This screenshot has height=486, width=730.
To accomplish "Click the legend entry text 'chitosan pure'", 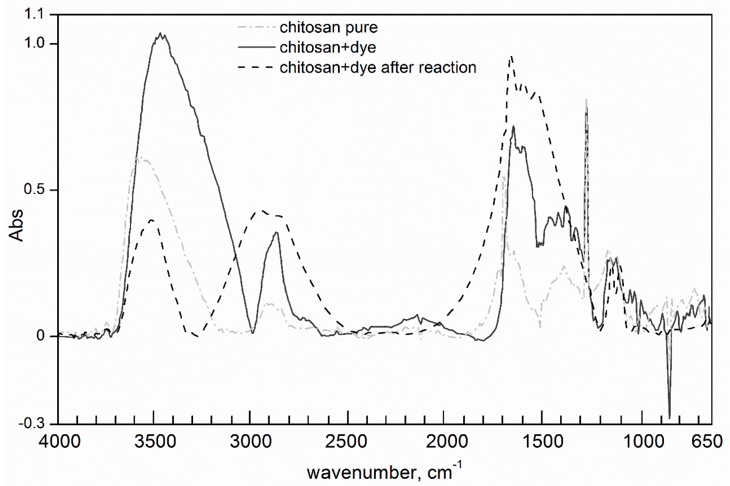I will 328,28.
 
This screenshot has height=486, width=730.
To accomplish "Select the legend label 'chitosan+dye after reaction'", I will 378,67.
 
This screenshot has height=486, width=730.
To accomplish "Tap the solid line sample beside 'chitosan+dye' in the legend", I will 256,47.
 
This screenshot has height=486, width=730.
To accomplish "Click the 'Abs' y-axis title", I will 16,225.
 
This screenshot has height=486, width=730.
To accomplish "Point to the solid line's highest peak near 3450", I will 160,33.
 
